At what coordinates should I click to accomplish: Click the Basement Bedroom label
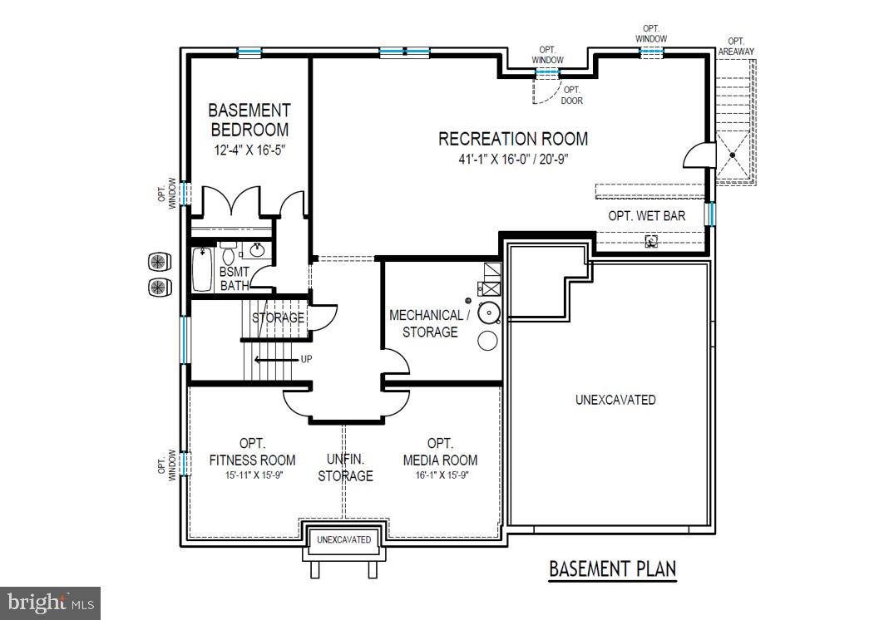pyautogui.click(x=249, y=120)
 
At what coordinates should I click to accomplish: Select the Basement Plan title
pyautogui.click(x=612, y=569)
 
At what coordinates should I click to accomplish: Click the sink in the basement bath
pyautogui.click(x=258, y=249)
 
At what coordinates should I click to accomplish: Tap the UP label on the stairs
pyautogui.click(x=306, y=359)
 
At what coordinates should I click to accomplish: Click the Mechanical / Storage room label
pyautogui.click(x=430, y=323)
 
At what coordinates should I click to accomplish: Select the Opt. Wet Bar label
pyautogui.click(x=646, y=216)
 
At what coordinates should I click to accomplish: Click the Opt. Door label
pyautogui.click(x=571, y=96)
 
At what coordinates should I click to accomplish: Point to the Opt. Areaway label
pyautogui.click(x=735, y=47)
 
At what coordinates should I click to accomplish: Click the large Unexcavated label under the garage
pyautogui.click(x=615, y=400)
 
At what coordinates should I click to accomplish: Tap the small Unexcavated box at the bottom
pyautogui.click(x=343, y=540)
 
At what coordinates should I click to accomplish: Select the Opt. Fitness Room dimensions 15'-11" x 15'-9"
pyautogui.click(x=252, y=475)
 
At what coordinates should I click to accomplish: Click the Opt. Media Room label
pyautogui.click(x=440, y=452)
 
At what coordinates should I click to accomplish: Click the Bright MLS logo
pyautogui.click(x=50, y=601)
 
